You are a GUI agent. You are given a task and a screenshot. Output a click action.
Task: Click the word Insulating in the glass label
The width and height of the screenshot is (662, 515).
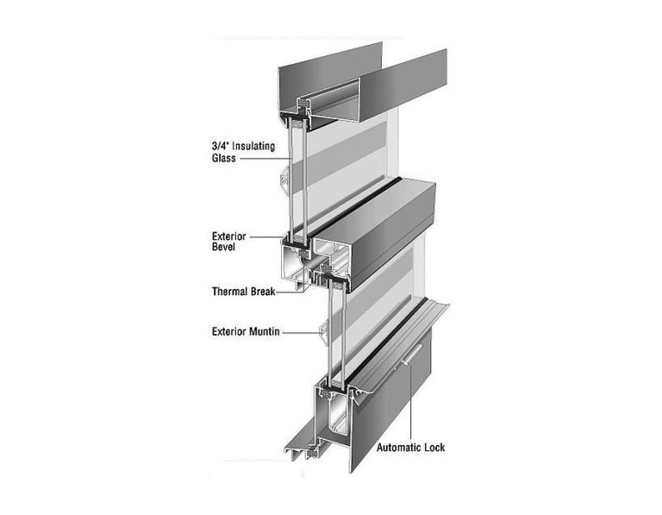coord(253,147)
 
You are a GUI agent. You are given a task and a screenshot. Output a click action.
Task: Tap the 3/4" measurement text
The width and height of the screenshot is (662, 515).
coord(220,146)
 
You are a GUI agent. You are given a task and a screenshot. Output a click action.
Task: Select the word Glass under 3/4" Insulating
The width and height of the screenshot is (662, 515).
coord(224,159)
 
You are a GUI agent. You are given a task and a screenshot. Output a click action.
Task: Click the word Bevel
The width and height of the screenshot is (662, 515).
coord(223,247)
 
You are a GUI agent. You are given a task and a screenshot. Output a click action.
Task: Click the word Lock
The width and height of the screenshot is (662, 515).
coord(434,448)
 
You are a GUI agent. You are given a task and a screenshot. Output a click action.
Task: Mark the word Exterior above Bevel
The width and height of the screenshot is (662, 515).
coord(228,236)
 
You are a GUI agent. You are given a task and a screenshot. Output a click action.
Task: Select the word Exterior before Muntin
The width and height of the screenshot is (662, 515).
coord(228,331)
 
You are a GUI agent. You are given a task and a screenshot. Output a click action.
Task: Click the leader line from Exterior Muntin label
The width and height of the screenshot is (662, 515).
coord(302,333)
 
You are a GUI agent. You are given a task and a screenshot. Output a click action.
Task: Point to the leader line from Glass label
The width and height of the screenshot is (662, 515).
coord(265,159)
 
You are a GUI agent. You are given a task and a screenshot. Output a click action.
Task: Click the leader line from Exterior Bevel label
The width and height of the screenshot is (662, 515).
coord(269,237)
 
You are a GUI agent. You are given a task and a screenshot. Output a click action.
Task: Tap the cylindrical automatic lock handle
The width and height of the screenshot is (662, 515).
coord(413,354)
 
